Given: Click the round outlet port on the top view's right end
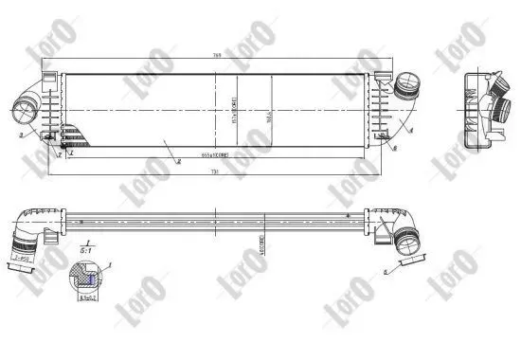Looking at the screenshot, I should pyautogui.click(x=409, y=85).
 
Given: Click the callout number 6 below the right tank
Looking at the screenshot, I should pyautogui.click(x=393, y=149).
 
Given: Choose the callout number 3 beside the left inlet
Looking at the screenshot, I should pyautogui.click(x=21, y=136).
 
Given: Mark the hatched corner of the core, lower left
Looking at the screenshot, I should pyautogui.click(x=71, y=141).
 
